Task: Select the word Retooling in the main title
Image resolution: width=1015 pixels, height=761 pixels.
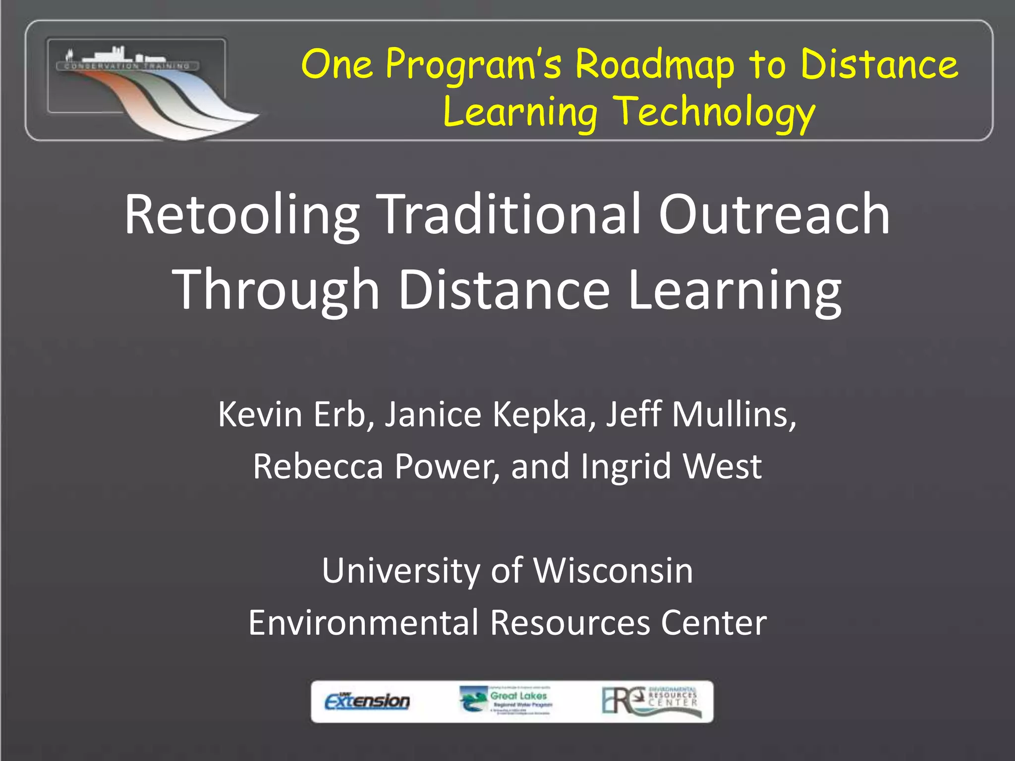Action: coord(242,216)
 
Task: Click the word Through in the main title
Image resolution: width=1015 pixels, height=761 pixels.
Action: coord(276,290)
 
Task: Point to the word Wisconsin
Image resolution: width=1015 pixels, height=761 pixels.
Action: coord(613,571)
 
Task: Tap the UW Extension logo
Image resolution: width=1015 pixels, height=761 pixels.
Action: coord(367,701)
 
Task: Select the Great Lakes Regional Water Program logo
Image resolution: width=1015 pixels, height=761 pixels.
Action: coord(506,700)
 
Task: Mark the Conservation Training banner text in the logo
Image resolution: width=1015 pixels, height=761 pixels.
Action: coord(127,66)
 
